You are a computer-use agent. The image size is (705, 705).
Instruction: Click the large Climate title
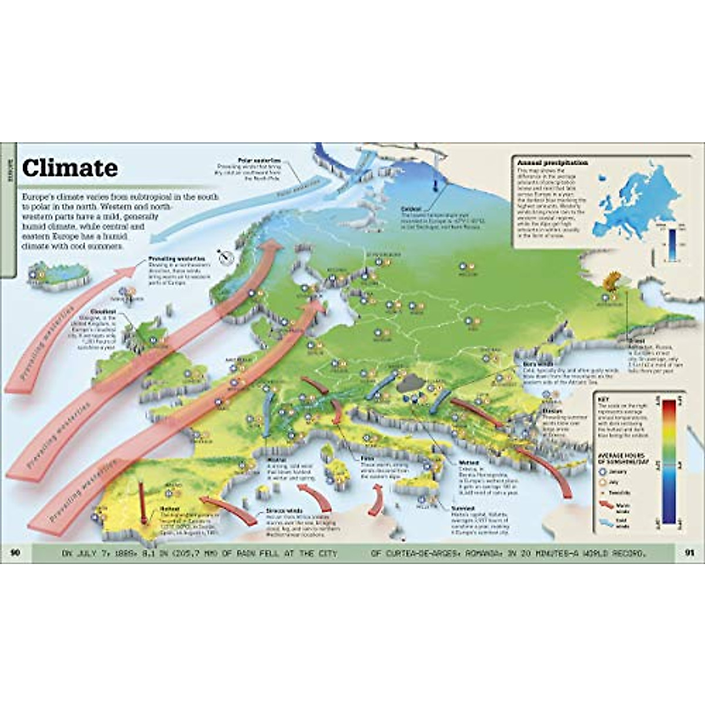pyautogui.click(x=70, y=169)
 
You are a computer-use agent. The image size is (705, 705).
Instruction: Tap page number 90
pyautogui.click(x=16, y=553)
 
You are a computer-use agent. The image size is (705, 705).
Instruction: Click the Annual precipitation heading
pyautogui.click(x=544, y=163)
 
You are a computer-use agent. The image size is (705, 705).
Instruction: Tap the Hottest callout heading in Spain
pyautogui.click(x=170, y=509)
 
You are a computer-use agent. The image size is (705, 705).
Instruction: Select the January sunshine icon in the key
pyautogui.click(x=602, y=472)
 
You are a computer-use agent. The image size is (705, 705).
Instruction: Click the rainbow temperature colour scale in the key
pyautogui.click(x=669, y=461)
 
